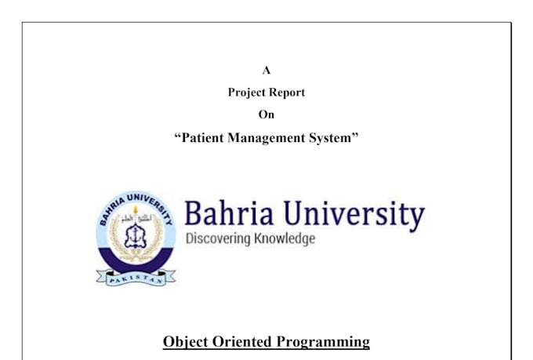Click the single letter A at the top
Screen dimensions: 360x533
point(266,70)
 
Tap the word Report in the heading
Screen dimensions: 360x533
point(286,93)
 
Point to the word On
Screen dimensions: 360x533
point(266,115)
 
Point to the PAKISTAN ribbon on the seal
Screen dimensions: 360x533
point(136,276)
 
